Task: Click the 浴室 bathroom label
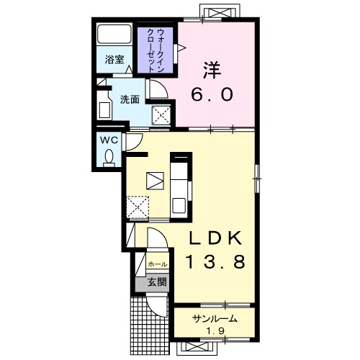(114, 60)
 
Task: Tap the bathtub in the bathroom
(114, 34)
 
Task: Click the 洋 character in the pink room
(212, 70)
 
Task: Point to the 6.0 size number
(212, 94)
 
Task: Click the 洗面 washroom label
(130, 99)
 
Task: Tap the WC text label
(109, 140)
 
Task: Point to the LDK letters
(215, 238)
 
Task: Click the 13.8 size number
(215, 261)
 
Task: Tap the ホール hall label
(158, 264)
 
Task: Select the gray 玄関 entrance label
(157, 282)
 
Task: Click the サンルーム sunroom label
(215, 319)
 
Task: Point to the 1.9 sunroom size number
(215, 331)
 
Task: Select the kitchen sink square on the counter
(179, 205)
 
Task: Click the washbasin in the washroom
(104, 110)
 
